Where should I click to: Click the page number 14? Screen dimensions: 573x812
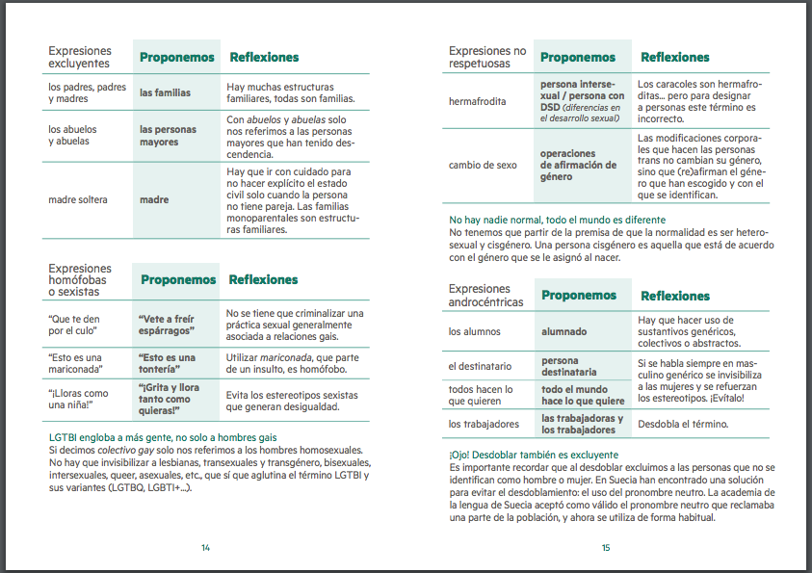[x=205, y=547]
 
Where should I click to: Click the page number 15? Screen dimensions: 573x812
[x=606, y=547]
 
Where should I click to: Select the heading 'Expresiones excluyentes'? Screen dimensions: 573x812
[x=80, y=58]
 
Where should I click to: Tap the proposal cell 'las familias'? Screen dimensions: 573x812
[x=165, y=93]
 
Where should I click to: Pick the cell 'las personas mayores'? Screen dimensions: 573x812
[x=168, y=136]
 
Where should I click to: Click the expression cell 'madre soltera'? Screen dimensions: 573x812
[x=78, y=200]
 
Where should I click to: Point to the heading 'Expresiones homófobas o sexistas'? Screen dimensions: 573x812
[x=81, y=279]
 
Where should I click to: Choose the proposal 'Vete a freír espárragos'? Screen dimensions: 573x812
[x=167, y=324]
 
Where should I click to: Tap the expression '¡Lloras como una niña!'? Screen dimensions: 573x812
[x=80, y=399]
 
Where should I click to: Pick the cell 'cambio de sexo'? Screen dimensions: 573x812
[x=483, y=165]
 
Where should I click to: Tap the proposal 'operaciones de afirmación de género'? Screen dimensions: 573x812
[x=578, y=165]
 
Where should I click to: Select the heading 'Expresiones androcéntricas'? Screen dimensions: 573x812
[x=485, y=295]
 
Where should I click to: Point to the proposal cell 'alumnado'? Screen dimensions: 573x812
[x=563, y=331]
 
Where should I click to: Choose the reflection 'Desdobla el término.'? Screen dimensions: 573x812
[x=683, y=424]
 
